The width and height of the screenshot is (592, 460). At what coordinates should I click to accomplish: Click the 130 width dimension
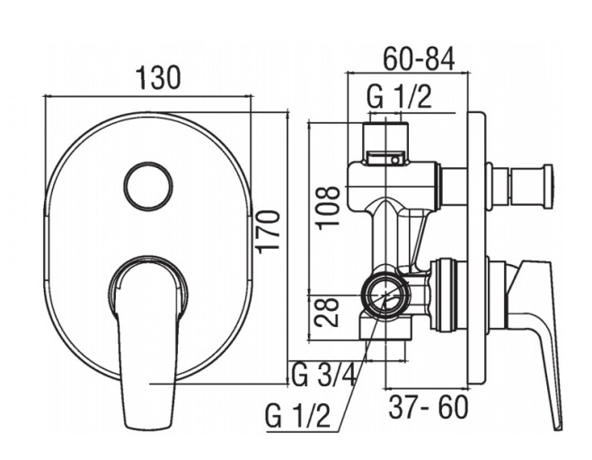158,78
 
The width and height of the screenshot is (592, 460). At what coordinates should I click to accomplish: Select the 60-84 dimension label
419,59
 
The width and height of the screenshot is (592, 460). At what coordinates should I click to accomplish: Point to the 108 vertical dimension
328,208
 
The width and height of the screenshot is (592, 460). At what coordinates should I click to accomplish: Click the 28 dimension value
327,312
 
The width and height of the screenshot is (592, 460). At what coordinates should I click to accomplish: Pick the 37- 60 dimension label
429,407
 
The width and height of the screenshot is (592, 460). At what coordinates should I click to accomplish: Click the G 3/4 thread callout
323,375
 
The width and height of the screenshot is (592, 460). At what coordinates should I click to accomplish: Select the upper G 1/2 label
399,97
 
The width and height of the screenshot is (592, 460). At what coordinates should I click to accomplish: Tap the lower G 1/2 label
297,415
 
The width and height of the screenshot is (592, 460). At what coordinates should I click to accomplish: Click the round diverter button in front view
148,186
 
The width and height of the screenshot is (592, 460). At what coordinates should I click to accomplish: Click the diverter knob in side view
520,186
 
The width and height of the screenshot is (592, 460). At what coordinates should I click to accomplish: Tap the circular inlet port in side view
385,295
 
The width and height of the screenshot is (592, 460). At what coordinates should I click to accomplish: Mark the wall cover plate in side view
476,249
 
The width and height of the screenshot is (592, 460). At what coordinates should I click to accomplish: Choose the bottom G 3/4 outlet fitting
385,329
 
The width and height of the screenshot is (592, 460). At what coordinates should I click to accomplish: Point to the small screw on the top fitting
394,160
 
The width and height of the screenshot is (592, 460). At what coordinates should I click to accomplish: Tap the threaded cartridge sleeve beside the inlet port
448,295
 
